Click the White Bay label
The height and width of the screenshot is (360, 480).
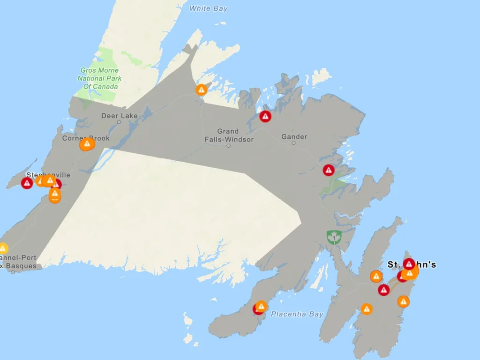click(209, 8)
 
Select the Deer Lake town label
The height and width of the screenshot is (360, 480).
click(120, 116)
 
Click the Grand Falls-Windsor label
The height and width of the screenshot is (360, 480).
click(229, 135)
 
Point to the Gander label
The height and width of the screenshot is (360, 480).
click(294, 137)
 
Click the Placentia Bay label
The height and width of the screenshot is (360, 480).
click(297, 314)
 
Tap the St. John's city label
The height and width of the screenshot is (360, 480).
click(412, 265)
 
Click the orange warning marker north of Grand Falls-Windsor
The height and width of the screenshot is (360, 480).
click(202, 90)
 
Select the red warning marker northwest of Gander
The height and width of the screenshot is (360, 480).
click(265, 116)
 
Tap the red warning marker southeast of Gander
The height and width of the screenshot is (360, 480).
click(329, 170)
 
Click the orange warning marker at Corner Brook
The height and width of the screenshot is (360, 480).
click(87, 144)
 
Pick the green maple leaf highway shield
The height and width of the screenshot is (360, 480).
click(334, 237)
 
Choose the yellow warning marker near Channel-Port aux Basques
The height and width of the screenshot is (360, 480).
click(3, 248)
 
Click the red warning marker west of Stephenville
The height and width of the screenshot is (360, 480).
click(27, 183)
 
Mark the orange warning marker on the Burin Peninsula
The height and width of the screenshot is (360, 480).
click(261, 307)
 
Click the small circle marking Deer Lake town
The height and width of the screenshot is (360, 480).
click(119, 122)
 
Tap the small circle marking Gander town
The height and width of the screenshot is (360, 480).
click(294, 143)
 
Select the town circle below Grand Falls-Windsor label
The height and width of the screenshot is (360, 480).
click(229, 146)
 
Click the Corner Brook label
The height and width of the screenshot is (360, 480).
click(86, 138)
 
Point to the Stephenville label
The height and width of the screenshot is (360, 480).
click(48, 175)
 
